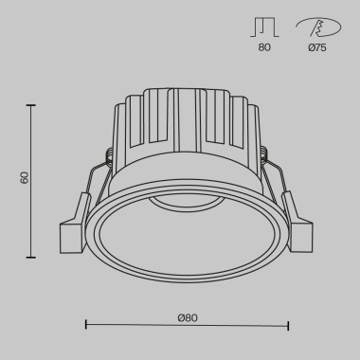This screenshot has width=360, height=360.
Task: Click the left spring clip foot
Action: [70, 235]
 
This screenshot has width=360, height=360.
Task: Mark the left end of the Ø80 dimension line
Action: [87, 325]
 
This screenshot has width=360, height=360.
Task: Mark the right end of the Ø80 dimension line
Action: [288, 325]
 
